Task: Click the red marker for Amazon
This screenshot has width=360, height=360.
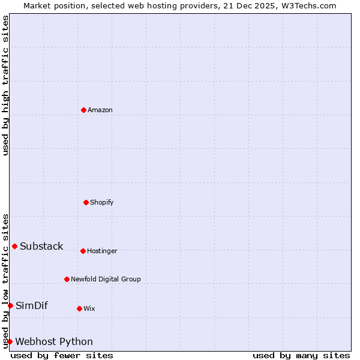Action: [x=83, y=110]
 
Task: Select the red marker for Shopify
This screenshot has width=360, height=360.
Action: [x=86, y=202]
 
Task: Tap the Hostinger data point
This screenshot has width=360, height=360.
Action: [x=83, y=251]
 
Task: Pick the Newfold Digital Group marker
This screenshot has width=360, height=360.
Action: [x=67, y=279]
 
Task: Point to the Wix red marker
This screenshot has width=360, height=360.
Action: [x=79, y=308]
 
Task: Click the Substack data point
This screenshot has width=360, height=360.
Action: [x=14, y=246]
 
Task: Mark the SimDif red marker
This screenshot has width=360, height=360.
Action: [x=10, y=305]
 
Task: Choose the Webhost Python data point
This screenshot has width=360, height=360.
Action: [x=10, y=341]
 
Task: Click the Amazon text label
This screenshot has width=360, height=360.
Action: [x=100, y=110]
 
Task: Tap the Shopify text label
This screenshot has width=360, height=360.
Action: [x=102, y=202]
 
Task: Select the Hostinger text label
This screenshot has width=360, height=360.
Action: [x=102, y=251]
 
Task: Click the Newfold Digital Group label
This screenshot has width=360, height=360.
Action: [x=106, y=279]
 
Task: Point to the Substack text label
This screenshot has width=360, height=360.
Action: [x=41, y=246]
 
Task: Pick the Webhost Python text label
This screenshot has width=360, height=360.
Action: [x=54, y=341]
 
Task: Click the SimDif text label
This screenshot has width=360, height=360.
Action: [x=32, y=305]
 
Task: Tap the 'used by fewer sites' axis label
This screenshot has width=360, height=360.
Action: [x=62, y=355]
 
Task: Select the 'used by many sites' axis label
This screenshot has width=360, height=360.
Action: [x=301, y=355]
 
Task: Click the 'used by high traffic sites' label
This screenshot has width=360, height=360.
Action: [x=5, y=85]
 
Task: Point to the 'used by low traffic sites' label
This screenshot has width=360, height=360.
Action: [x=5, y=281]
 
